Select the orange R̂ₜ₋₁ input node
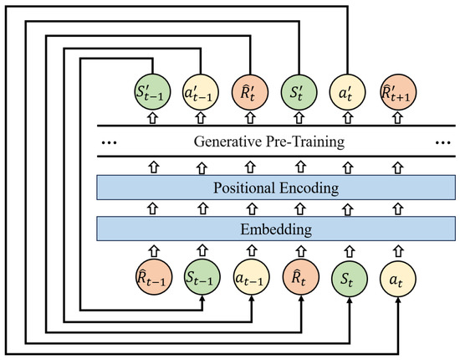[x=151, y=275]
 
